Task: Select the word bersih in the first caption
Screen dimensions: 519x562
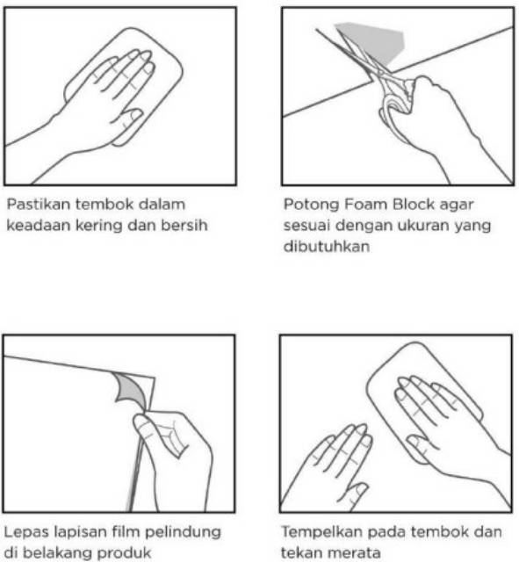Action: (x=184, y=225)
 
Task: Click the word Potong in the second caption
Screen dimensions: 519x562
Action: (x=311, y=205)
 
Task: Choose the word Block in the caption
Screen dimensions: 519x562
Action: (x=413, y=205)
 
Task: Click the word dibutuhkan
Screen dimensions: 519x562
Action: (x=327, y=247)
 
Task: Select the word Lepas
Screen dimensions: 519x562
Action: (x=26, y=533)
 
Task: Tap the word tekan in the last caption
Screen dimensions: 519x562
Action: (x=300, y=552)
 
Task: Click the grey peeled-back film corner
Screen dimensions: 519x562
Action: (x=131, y=388)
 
